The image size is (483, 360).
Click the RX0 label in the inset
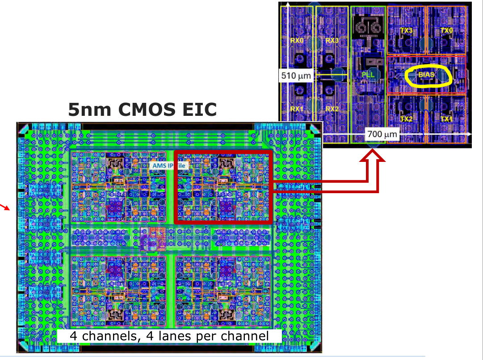click(297, 40)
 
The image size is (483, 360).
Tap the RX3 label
click(332, 40)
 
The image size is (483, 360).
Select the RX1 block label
click(297, 109)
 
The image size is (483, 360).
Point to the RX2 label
click(332, 109)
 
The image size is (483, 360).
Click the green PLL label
click(368, 75)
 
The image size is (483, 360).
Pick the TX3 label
click(406, 30)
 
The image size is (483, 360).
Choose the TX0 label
click(446, 30)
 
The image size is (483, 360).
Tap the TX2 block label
click(406, 119)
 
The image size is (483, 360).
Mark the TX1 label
click(446, 119)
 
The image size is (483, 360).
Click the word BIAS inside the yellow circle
click(427, 75)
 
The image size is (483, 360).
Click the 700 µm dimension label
click(382, 134)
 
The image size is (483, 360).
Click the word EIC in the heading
click(198, 109)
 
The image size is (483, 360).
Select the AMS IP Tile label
click(169, 165)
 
